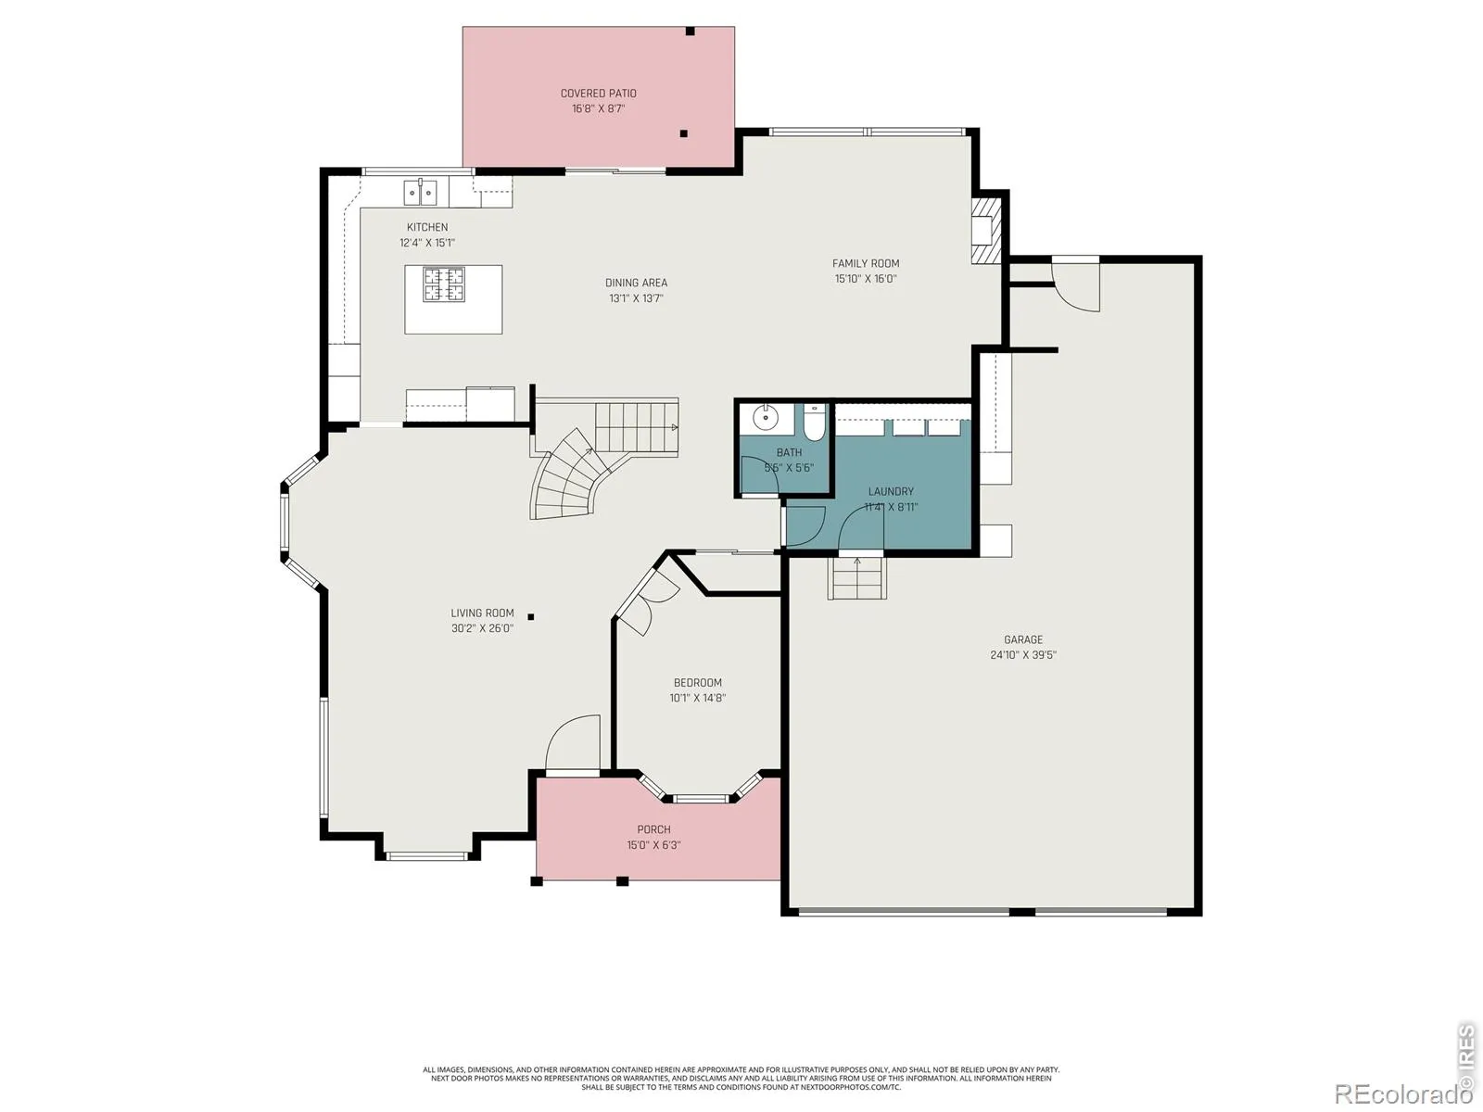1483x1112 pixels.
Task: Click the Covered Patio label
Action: (x=598, y=94)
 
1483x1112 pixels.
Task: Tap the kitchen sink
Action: (x=420, y=193)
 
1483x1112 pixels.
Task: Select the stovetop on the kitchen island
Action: (x=444, y=284)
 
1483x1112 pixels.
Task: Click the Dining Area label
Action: (x=636, y=283)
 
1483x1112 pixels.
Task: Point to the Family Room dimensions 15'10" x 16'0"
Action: (x=865, y=279)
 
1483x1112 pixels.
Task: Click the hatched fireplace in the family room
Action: (x=986, y=230)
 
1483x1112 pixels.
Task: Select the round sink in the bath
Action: (x=766, y=418)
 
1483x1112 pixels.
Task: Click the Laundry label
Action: (x=891, y=491)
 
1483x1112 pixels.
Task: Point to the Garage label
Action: (x=1023, y=639)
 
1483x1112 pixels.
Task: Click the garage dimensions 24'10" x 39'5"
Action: (x=1023, y=655)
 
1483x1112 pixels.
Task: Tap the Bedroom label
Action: (x=697, y=683)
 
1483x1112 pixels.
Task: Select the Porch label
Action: (x=653, y=829)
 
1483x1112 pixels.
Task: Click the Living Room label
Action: (x=482, y=613)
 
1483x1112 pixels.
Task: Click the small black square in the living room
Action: (x=531, y=616)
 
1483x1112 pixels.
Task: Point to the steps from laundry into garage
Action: (x=856, y=578)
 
